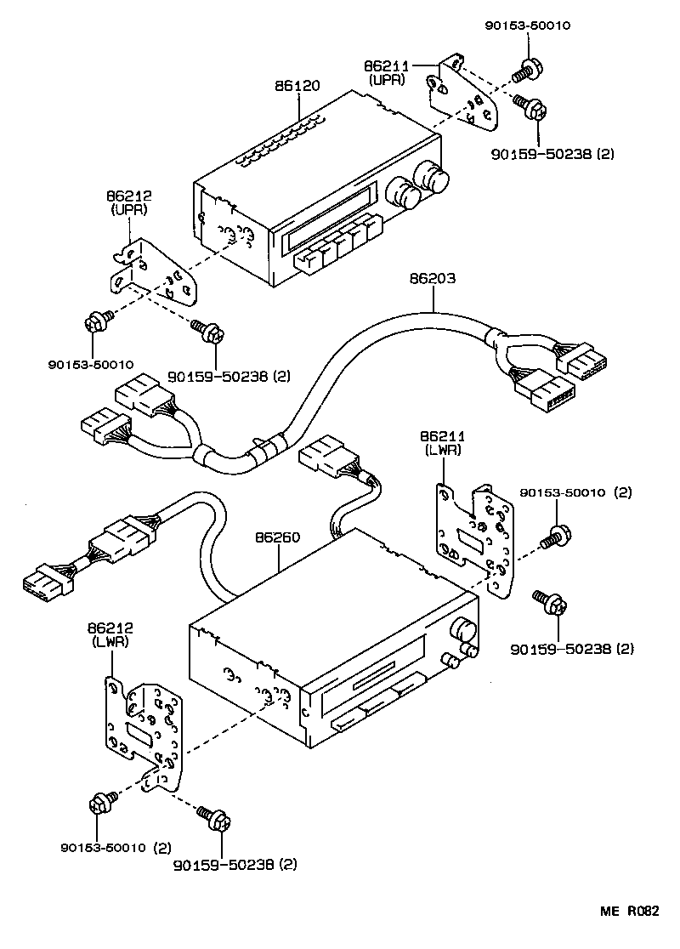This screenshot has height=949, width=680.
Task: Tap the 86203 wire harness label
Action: click(x=433, y=276)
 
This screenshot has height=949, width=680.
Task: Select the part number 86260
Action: click(x=279, y=537)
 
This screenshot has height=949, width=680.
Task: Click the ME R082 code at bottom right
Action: click(x=630, y=911)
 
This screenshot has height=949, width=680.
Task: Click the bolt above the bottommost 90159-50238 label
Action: click(x=212, y=819)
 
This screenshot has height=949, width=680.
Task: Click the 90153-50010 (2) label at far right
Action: click(x=575, y=492)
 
